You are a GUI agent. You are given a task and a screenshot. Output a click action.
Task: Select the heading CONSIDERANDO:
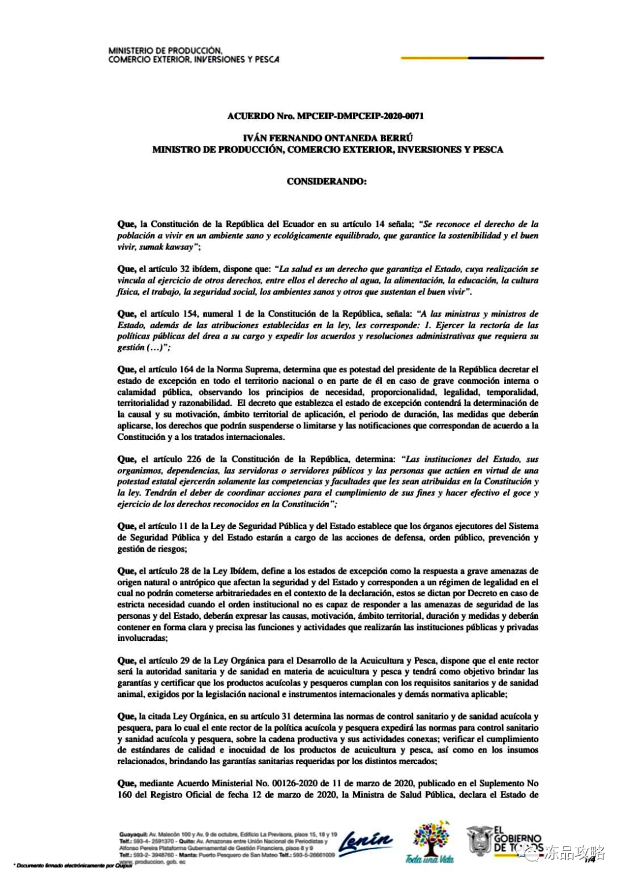[326, 181]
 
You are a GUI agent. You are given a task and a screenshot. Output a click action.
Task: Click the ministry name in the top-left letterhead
[193, 55]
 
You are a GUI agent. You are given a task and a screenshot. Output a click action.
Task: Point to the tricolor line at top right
[472, 58]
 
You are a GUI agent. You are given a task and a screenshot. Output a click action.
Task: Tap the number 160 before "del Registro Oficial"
[124, 795]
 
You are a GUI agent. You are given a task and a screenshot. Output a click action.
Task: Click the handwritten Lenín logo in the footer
[365, 841]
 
